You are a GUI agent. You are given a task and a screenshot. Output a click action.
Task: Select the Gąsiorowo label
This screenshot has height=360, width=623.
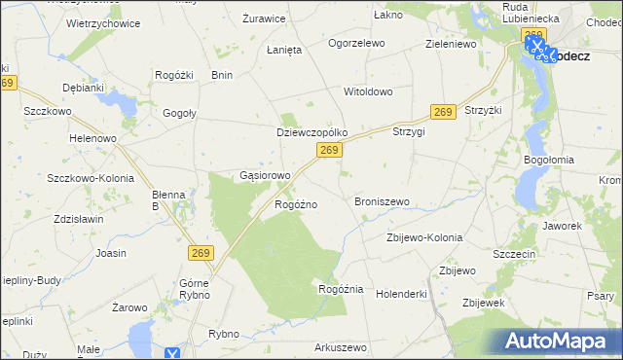point(265,176)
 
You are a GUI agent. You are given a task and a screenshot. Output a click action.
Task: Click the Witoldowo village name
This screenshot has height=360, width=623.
point(367,91)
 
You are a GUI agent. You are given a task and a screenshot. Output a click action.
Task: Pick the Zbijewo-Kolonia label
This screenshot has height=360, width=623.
point(423,237)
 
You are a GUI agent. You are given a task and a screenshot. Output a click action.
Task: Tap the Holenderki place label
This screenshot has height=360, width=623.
point(402,292)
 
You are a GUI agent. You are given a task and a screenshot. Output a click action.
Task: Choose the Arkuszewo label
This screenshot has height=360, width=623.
point(339,347)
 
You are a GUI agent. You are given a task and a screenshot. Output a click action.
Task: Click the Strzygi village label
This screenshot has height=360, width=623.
point(409,131)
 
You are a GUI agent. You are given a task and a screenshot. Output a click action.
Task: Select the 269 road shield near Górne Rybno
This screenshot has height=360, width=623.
point(200,253)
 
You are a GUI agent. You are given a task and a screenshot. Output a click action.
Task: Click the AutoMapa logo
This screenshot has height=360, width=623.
point(560,341)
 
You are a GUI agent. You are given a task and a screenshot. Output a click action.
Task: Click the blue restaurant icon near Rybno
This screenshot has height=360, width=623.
point(172,354)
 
